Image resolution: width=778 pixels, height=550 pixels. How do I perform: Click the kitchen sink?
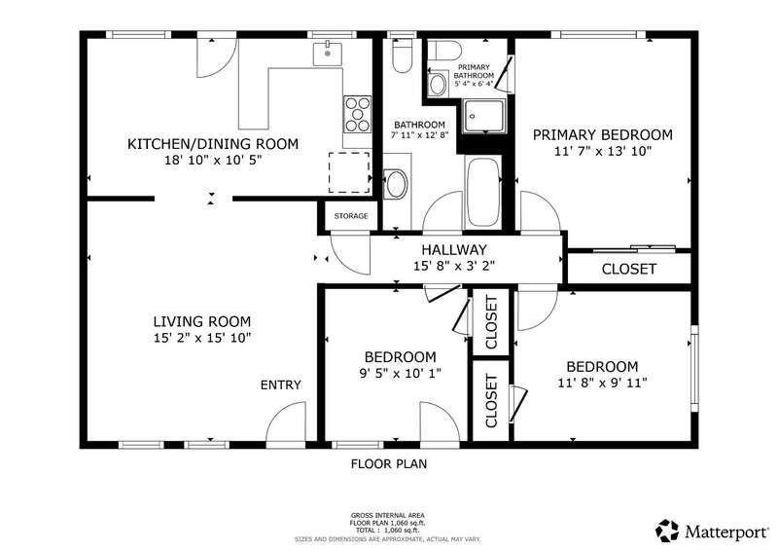327,54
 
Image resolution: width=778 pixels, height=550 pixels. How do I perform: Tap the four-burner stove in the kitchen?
357,114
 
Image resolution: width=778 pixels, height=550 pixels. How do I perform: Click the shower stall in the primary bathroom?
484,116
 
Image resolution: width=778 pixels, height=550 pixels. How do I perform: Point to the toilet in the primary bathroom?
444,50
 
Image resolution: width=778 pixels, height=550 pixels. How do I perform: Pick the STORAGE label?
351,216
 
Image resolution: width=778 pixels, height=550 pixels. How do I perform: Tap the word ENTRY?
281,385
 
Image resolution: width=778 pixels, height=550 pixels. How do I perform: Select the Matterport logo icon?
667,532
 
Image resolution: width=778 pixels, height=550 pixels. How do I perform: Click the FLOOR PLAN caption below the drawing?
389,464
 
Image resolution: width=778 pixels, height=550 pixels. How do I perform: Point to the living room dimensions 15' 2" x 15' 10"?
202,338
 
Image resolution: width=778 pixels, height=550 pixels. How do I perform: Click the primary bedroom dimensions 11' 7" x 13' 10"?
602,151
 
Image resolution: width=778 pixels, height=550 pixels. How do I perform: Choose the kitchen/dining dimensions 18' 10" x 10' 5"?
213,160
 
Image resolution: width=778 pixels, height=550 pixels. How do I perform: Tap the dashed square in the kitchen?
349,172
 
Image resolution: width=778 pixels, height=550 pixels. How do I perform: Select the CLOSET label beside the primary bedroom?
628,270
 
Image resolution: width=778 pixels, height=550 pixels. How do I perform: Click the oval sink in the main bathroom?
397,183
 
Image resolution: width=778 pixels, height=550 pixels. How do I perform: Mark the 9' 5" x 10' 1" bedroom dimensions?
401,373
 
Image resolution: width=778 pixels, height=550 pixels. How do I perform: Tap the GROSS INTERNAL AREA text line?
387,516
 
